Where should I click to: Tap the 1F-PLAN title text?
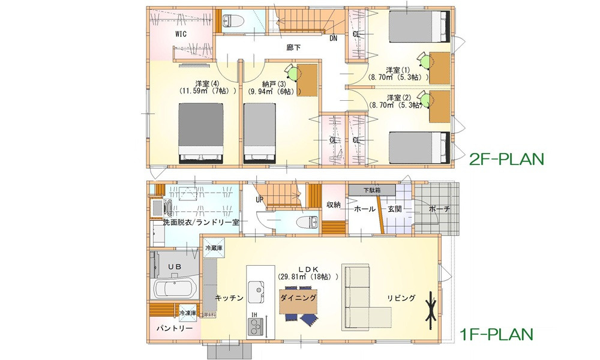pos(497,332)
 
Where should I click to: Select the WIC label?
pos(181,34)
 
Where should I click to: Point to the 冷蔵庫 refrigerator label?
pos(214,248)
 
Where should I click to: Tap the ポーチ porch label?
pos(439,209)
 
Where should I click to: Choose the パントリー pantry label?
pos(175,329)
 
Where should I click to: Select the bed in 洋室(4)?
pos(201,131)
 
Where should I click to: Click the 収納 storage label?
pos(334,205)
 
